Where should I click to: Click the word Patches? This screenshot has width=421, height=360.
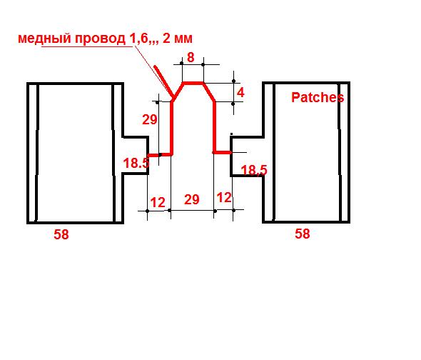tap(318, 97)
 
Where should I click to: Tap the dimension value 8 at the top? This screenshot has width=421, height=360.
tap(191, 57)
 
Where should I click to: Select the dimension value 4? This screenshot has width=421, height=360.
tap(240, 92)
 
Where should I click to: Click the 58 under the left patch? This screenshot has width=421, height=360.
tap(61, 234)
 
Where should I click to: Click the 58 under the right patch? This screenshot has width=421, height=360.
tap(303, 234)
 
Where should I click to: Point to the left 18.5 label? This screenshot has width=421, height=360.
tap(136, 163)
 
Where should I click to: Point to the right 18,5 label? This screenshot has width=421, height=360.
tap(254, 170)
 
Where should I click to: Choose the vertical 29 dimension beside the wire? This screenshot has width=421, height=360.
tap(150, 119)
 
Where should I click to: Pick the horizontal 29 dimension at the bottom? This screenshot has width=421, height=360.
tap(192, 199)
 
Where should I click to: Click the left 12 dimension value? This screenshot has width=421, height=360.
tap(158, 202)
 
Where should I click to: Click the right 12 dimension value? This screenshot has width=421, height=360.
tap(224, 198)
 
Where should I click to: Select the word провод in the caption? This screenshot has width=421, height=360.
tap(100, 39)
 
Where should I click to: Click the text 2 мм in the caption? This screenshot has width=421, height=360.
tap(178, 39)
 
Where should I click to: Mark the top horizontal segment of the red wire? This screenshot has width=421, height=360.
tap(193, 83)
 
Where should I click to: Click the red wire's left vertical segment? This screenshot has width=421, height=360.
tap(171, 127)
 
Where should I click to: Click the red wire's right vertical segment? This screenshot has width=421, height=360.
tap(215, 126)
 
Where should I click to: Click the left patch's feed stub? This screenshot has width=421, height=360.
tap(136, 156)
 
